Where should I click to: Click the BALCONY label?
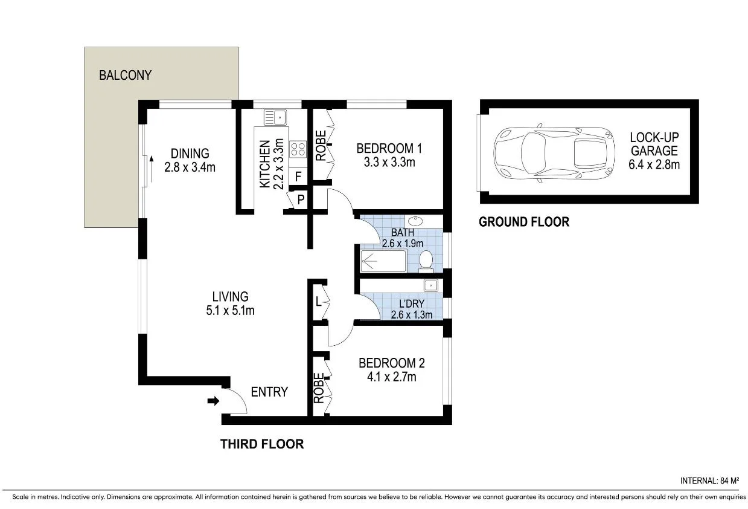pos(125,76)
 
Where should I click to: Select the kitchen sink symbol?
pos(275,117)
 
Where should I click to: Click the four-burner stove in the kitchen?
pos(298,149)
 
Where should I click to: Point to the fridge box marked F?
pos(298,177)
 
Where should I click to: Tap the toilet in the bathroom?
pos(426,261)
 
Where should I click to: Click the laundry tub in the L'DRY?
pos(430,286)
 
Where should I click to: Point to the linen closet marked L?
pos(318,300)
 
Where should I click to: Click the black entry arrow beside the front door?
pos(213,400)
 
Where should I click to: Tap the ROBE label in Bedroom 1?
pos(320,146)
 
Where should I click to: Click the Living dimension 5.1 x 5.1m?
pos(230,311)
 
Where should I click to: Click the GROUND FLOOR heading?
pos(523,222)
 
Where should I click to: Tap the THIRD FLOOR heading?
pos(261,444)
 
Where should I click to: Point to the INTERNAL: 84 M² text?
pos(709,481)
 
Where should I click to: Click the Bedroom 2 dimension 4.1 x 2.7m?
pos(391,377)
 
